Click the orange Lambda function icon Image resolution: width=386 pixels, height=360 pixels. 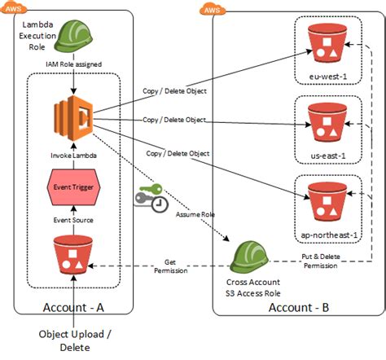click(x=73, y=118)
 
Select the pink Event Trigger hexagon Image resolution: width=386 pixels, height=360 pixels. click(x=73, y=187)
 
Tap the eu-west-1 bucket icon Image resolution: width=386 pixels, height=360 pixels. click(x=327, y=43)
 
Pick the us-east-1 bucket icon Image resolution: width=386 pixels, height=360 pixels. click(x=327, y=122)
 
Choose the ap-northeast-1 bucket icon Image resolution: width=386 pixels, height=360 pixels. click(x=327, y=202)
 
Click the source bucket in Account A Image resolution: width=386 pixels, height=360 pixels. click(x=73, y=255)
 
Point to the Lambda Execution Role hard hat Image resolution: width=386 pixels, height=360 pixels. click(x=73, y=36)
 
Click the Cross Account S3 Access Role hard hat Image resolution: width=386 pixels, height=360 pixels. click(x=249, y=257)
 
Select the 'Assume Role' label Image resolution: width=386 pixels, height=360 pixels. click(x=195, y=214)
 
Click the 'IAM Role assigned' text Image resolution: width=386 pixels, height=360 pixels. click(x=73, y=64)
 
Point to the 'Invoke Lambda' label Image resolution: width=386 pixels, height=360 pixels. click(x=73, y=156)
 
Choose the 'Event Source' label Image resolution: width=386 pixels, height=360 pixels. click(x=73, y=220)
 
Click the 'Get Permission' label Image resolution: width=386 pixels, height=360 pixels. click(x=171, y=266)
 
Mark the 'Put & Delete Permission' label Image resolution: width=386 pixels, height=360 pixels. click(x=321, y=261)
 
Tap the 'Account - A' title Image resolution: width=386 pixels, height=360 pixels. click(x=73, y=308)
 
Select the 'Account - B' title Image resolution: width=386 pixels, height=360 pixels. click(x=299, y=308)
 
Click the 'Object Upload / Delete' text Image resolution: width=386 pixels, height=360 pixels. click(x=75, y=340)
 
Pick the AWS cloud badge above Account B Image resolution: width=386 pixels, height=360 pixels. click(x=213, y=9)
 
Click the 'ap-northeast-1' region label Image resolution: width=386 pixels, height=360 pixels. click(x=329, y=235)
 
